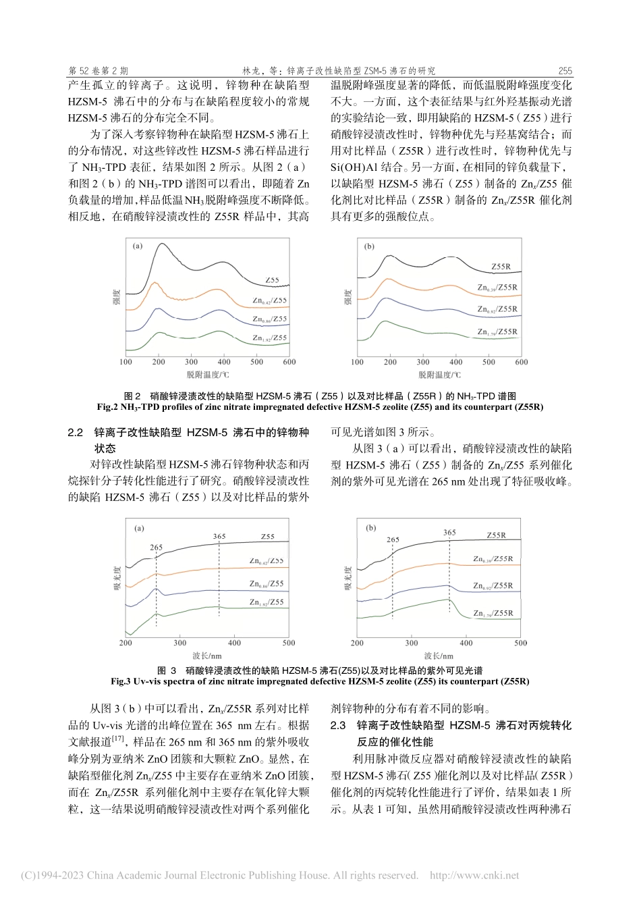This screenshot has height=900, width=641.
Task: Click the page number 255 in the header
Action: pyautogui.click(x=565, y=70)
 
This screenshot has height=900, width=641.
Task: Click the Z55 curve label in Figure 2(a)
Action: pyautogui.click(x=273, y=279)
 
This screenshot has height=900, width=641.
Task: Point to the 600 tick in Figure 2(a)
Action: pyautogui.click(x=289, y=362)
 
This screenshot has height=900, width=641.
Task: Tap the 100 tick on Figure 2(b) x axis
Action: pyautogui.click(x=357, y=363)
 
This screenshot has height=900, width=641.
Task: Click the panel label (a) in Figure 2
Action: pyautogui.click(x=138, y=246)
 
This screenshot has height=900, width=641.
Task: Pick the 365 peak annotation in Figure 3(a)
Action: pyautogui.click(x=219, y=537)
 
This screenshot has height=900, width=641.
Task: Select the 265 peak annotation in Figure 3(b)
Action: pyautogui.click(x=393, y=539)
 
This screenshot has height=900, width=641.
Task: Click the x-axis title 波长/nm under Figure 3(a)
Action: pyautogui.click(x=206, y=655)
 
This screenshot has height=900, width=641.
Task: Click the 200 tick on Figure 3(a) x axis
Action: pyautogui.click(x=126, y=643)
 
